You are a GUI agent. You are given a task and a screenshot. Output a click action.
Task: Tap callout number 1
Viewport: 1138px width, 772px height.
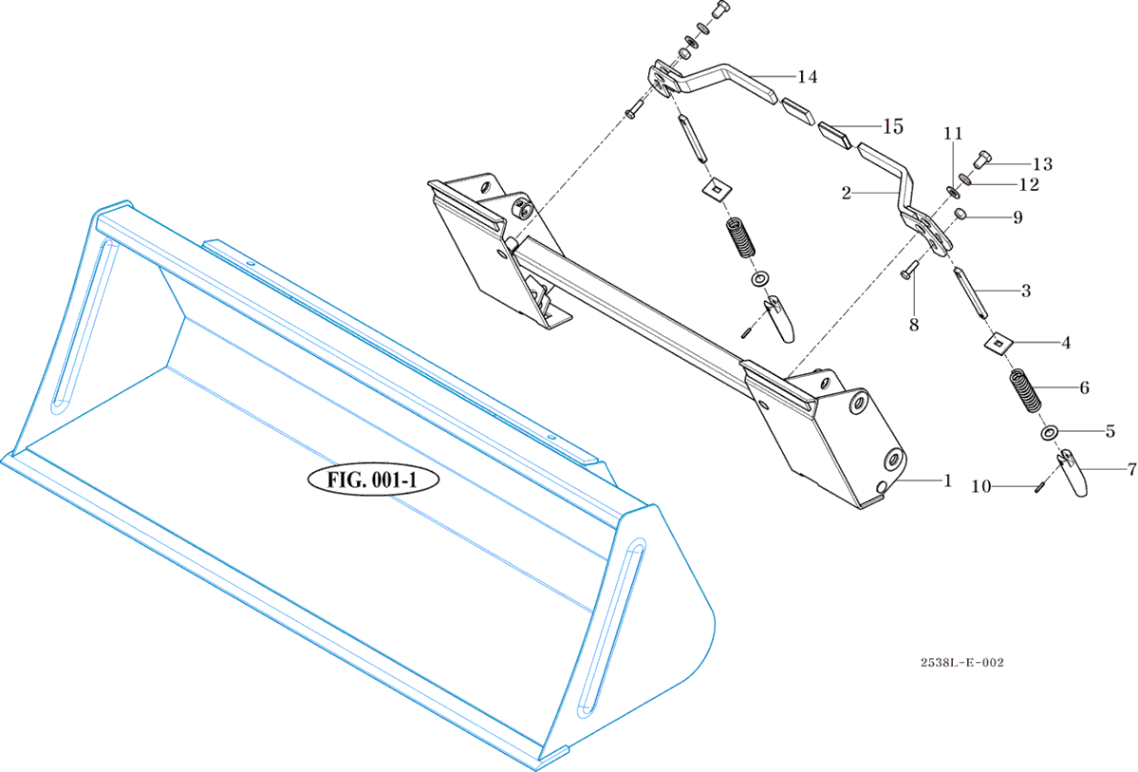point(946,481)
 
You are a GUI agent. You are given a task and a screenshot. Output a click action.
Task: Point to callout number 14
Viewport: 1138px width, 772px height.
point(807,75)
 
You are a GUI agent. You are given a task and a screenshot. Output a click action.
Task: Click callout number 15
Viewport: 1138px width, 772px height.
point(892,125)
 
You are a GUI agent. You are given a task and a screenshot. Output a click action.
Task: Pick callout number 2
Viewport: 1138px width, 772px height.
point(845,191)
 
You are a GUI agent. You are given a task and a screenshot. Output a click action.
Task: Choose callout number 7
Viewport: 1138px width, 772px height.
point(1105,468)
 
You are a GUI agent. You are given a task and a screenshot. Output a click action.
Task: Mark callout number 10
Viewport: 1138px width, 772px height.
point(980,486)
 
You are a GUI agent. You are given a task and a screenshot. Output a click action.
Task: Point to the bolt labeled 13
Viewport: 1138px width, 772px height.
point(983,161)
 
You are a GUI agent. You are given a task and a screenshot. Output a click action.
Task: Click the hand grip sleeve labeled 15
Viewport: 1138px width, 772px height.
point(839,132)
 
